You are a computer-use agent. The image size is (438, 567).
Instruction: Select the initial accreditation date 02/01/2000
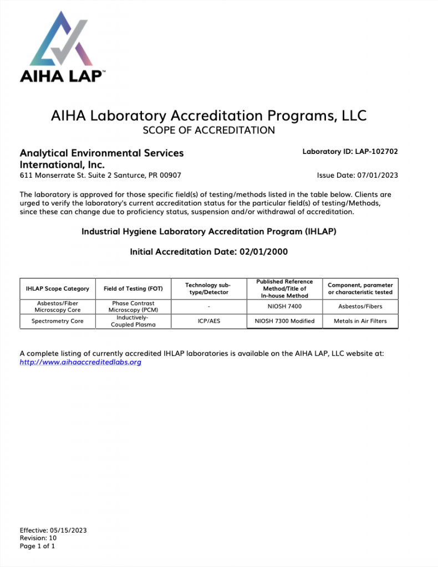coord(263,252)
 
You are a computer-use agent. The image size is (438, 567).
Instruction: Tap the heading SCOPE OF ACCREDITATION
coord(208,131)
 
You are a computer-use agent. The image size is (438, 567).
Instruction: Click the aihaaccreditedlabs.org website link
coord(80,362)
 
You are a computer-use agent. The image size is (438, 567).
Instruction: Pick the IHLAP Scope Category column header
coord(58,288)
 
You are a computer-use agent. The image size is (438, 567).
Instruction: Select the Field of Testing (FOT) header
coord(133,288)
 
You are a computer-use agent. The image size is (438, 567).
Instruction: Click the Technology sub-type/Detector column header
coord(208,288)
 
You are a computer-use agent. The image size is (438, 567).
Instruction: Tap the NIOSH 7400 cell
coord(284,306)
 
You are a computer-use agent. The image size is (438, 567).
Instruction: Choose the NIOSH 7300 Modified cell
coord(284,321)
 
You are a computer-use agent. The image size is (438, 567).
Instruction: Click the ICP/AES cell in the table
coord(208,321)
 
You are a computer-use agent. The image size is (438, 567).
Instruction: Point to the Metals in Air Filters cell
coord(360,321)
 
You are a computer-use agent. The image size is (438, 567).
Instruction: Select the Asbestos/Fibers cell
coord(360,306)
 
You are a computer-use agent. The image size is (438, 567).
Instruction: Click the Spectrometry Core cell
coord(58,321)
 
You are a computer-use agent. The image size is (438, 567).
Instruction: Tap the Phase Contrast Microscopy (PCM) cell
coord(133,307)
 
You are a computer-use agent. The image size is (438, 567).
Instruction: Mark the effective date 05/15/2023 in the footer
coord(68,530)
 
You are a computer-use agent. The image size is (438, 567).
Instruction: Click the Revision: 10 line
coord(38,538)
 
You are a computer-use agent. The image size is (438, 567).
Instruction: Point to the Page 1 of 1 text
coord(38,546)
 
